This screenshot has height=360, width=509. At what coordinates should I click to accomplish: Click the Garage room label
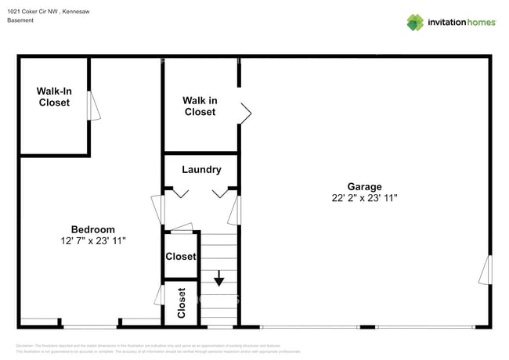[x=365, y=186]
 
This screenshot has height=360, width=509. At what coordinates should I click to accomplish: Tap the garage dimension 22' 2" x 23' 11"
[x=364, y=199]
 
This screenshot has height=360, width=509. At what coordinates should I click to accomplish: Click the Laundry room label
[x=201, y=170]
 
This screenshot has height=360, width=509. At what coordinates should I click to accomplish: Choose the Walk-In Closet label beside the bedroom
[x=53, y=96]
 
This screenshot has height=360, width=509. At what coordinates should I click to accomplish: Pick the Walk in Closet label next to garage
[x=200, y=106]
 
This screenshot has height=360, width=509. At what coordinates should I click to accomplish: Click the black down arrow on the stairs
[x=219, y=278]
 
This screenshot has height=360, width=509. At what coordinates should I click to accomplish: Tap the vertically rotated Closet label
[x=182, y=303]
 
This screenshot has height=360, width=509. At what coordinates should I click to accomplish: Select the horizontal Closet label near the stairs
[x=180, y=257]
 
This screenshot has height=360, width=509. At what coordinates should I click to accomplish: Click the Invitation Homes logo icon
[x=415, y=22]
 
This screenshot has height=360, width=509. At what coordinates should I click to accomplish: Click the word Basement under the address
[x=21, y=21]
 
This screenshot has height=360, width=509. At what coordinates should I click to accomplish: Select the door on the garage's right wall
[x=486, y=270]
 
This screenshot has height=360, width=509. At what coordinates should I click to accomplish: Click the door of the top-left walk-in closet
[x=94, y=106]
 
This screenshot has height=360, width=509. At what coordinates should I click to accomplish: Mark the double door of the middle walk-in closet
[x=245, y=114]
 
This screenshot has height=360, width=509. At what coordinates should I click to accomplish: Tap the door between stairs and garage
[x=233, y=211]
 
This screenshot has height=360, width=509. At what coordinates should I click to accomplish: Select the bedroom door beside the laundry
[x=160, y=209]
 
